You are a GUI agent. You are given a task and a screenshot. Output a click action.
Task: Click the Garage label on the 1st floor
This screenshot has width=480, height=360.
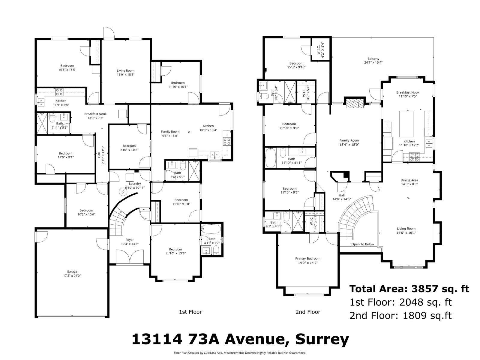point(72,271)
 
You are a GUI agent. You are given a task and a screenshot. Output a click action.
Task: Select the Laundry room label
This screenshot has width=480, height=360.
point(135,184)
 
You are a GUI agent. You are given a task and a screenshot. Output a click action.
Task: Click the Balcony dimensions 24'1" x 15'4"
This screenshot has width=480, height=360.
point(373,63)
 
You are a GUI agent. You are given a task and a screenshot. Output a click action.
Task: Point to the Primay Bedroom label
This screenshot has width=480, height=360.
point(308,259)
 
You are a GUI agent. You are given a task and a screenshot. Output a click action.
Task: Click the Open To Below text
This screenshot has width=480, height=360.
point(363,244)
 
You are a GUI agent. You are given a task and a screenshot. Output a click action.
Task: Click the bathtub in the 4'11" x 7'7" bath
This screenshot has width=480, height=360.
point(211,229)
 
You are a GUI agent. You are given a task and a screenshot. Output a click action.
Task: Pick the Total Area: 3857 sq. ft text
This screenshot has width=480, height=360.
point(409,289)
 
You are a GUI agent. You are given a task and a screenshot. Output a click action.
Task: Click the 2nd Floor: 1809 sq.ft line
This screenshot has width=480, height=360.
point(400,316)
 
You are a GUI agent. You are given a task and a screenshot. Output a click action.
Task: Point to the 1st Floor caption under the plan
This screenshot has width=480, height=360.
point(190,312)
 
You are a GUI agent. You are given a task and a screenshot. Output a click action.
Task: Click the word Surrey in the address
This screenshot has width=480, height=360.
point(322,340)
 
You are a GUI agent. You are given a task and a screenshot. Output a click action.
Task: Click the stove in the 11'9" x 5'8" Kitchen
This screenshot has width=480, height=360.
point(59,92)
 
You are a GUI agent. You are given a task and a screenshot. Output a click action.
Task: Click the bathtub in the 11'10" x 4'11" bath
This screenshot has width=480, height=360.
point(270,158)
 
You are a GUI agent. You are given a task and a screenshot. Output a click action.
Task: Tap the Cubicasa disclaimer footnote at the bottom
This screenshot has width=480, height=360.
point(240,353)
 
